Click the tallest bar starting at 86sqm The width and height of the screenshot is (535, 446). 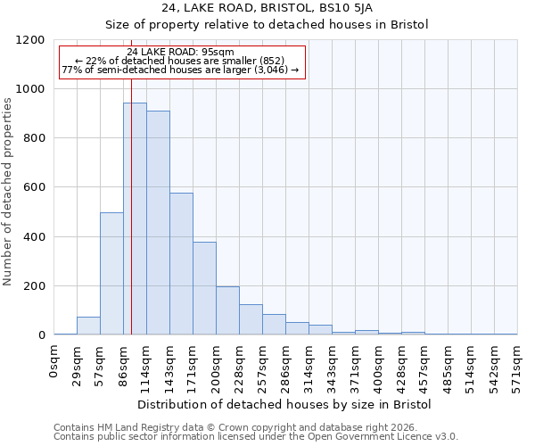click(135, 219)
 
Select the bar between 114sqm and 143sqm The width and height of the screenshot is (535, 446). click(158, 223)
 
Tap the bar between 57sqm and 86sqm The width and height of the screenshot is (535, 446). click(111, 273)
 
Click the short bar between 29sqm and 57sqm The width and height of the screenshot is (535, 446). click(88, 326)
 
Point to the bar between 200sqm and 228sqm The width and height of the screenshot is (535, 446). click(227, 310)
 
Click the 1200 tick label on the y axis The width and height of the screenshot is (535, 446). click(30, 40)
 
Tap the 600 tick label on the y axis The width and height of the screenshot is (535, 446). click(34, 187)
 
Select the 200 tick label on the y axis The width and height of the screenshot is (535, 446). click(34, 286)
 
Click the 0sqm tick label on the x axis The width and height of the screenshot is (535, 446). click(54, 361)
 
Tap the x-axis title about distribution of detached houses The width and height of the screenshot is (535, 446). click(285, 404)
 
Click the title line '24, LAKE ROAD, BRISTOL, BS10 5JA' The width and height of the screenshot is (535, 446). click(267, 8)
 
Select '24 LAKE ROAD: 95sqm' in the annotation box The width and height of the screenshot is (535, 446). click(182, 52)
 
